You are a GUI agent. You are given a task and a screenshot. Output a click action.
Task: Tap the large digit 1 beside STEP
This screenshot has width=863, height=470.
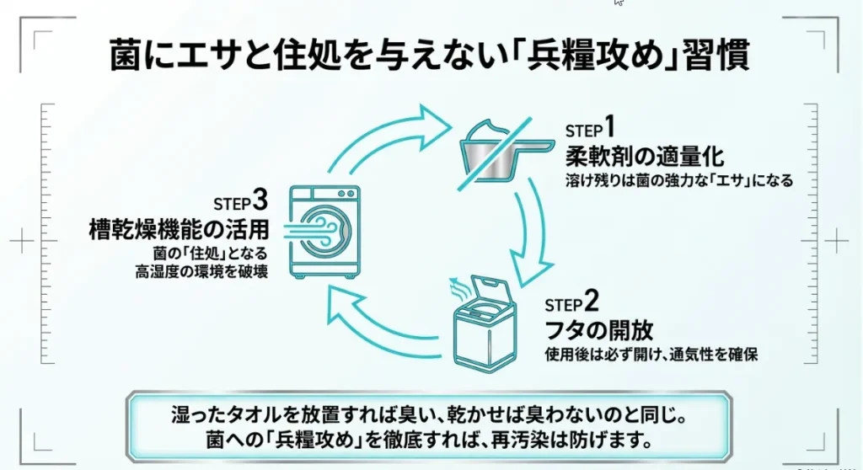pos(609,129)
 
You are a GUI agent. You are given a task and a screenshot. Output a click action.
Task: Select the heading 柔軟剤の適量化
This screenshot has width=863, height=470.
pos(645,156)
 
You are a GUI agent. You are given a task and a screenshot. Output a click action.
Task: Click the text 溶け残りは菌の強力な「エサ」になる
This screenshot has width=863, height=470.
pos(679,180)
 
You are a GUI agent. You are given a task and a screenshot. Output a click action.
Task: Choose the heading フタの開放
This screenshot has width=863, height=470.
pos(598,328)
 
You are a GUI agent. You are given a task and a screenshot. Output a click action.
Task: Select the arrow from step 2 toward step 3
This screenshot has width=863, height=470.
pos(379,324)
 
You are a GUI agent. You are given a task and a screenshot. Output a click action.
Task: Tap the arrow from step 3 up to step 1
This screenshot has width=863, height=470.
pos(375,135)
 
